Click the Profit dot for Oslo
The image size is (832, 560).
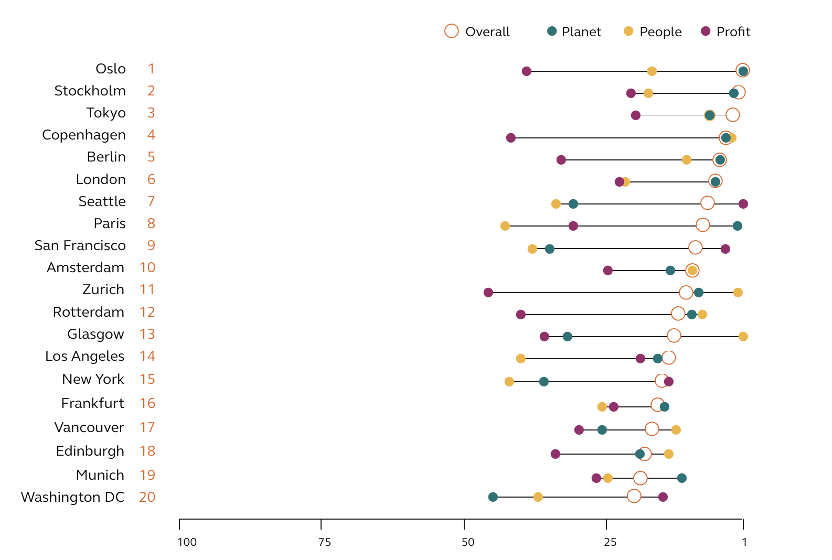point(527,71)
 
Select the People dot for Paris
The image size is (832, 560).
point(505,226)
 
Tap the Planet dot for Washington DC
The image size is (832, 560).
point(493,497)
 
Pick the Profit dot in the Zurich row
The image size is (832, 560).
point(488,293)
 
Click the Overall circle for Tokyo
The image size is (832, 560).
point(732,115)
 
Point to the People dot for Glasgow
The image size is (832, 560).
point(743,337)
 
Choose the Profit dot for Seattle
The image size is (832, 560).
point(743,204)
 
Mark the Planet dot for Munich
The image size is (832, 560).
point(681,478)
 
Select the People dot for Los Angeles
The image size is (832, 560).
point(520,359)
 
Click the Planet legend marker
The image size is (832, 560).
point(551,31)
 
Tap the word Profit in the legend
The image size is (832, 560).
point(733,32)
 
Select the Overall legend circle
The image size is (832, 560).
point(451,31)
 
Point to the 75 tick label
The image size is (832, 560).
point(325,542)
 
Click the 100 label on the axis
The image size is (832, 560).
point(187,542)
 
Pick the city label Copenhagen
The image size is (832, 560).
point(84,135)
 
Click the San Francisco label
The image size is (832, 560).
point(80,246)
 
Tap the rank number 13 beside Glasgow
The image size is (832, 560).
point(147,335)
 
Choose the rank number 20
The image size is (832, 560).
point(147,498)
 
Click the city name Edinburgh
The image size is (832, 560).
point(90,451)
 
